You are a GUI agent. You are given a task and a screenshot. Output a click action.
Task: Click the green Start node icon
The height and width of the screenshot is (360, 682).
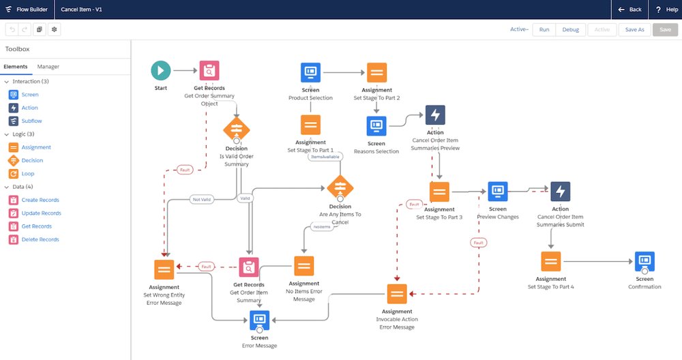point(161,70)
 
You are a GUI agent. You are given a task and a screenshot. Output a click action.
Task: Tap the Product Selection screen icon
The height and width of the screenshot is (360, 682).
point(310,72)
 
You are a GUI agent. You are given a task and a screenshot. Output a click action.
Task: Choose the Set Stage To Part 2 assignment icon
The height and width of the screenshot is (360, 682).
point(376,72)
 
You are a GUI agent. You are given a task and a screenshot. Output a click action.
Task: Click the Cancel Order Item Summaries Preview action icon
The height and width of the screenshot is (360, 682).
point(435,115)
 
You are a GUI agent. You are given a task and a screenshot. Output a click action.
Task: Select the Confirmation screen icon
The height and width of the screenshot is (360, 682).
point(644,262)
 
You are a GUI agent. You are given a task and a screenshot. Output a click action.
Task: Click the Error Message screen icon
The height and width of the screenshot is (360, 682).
point(259,319)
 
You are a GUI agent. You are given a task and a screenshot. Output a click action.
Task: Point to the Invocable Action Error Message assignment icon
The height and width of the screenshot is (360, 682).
point(397,294)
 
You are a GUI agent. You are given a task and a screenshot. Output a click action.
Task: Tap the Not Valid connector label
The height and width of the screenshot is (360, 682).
point(202,199)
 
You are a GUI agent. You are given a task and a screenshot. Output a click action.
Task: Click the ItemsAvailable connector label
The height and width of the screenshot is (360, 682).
point(325,156)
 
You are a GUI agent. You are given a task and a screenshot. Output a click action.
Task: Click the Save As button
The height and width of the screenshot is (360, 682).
point(634,30)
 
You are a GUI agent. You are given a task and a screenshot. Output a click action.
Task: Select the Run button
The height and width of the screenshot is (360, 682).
point(544,30)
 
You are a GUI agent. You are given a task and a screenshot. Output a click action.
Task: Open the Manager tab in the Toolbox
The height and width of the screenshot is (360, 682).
point(48,67)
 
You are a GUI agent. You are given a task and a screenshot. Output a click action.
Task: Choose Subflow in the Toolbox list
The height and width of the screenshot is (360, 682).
point(31,121)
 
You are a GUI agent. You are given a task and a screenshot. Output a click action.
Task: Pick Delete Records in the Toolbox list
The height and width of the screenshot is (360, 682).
point(40,239)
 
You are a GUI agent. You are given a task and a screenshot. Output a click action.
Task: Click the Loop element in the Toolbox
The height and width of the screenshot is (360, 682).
point(28,173)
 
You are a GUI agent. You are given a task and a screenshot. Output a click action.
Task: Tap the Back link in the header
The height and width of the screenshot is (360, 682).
point(629,10)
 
